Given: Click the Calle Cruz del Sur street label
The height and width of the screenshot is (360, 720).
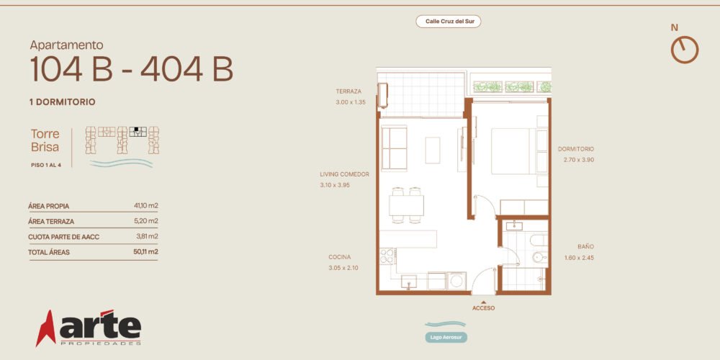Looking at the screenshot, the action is click(x=448, y=21).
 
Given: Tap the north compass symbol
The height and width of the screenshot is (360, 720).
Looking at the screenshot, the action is click(x=685, y=50).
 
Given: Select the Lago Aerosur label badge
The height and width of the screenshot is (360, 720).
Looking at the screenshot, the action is click(x=446, y=338).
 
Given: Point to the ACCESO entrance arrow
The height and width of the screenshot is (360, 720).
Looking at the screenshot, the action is click(x=484, y=302).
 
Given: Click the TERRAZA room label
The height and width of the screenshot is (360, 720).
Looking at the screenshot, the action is click(x=348, y=91).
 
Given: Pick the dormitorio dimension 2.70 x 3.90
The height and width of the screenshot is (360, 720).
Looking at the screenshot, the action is click(x=579, y=160).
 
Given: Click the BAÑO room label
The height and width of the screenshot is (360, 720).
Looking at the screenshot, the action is click(x=585, y=246).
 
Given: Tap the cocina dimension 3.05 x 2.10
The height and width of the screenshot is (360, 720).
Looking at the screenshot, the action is click(x=343, y=268).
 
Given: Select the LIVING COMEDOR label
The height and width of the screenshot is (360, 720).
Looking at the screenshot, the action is click(x=344, y=174).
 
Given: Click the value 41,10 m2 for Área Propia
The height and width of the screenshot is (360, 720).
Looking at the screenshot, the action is click(x=146, y=206).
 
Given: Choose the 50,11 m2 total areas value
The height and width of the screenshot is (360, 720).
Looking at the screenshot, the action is click(x=145, y=251).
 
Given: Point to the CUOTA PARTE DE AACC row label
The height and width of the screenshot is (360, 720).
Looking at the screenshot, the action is click(x=63, y=237).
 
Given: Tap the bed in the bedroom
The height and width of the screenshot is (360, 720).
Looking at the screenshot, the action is click(x=513, y=151).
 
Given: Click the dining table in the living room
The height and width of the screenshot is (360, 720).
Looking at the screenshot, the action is click(x=406, y=205).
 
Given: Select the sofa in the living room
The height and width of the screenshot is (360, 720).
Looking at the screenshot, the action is click(x=394, y=148).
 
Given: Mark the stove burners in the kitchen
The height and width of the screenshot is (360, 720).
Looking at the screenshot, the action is click(x=387, y=256).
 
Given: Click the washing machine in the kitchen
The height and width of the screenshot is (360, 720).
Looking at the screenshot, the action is click(x=457, y=281).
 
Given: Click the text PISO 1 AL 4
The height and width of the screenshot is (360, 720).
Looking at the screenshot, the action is click(x=46, y=165).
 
